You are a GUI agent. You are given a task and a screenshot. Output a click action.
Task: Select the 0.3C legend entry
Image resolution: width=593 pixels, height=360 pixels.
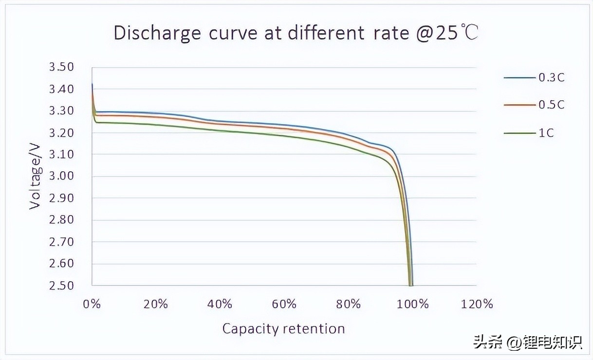point(551,77)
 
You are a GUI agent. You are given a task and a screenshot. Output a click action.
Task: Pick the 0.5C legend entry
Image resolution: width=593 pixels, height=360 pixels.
point(551,105)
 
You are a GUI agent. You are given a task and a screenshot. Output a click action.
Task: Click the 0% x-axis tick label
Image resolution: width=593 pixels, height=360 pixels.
point(92,305)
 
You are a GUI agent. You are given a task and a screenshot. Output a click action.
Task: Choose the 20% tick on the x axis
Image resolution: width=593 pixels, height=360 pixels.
point(156,305)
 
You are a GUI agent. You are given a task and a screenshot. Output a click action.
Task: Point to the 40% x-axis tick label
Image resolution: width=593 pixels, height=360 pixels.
point(220,305)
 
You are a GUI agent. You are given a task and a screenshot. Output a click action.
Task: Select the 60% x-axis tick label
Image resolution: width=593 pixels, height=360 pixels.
point(284,305)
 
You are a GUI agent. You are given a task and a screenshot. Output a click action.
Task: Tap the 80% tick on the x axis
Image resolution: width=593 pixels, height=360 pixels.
point(349,305)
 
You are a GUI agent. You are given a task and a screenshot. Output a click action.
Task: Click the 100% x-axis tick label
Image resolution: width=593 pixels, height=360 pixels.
point(412,305)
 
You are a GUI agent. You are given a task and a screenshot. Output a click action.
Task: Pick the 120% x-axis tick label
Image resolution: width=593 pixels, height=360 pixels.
point(477,305)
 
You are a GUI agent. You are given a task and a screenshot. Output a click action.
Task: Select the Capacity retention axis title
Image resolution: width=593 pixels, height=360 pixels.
point(283,329)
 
